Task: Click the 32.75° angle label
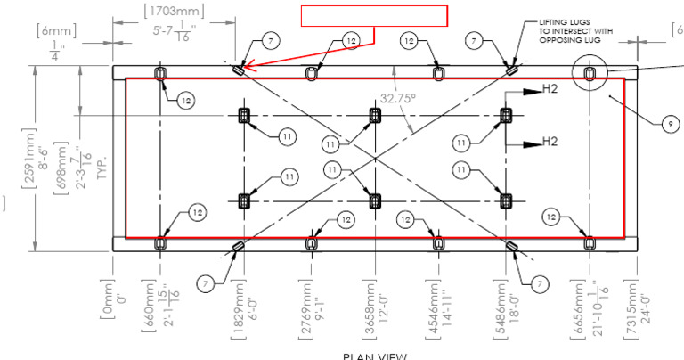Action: point(398,100)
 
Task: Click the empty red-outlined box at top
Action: point(373,16)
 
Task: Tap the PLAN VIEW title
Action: point(374,355)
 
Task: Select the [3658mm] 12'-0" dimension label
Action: point(369,305)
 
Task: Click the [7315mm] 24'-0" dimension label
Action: point(633,305)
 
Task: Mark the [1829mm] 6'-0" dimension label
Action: point(240,305)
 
